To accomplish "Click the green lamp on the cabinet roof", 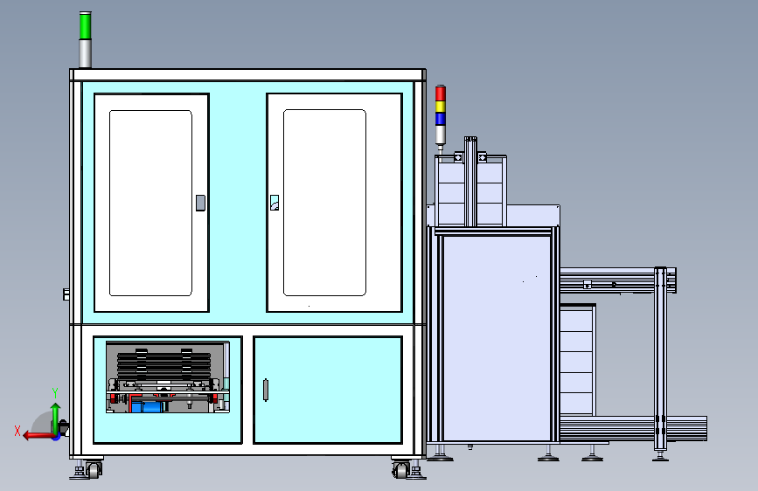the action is tap(85, 26).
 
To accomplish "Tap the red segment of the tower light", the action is tap(441, 93).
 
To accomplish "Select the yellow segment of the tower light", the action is tap(441, 107).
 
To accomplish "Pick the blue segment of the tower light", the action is tap(441, 119).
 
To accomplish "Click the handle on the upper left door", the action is tap(200, 203).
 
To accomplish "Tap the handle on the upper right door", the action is tap(275, 203).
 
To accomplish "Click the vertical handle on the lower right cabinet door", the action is tap(266, 390).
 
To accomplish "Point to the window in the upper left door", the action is tap(151, 203).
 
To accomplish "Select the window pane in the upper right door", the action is tap(324, 203).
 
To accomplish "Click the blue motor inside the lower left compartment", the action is tap(147, 406).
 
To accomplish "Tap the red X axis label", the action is tap(17, 431).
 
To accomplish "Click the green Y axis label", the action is tap(55, 393).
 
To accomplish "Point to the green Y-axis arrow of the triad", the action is tap(56, 419).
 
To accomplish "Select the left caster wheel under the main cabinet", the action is tap(94, 470).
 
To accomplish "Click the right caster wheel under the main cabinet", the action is tap(400, 470).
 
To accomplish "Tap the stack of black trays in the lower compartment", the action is tap(163, 365).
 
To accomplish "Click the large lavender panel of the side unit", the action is tap(497, 338).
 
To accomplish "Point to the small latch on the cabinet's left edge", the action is tap(66, 294).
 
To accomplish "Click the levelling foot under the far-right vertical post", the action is tap(660, 455).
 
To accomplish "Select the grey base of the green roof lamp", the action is tap(85, 54).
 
